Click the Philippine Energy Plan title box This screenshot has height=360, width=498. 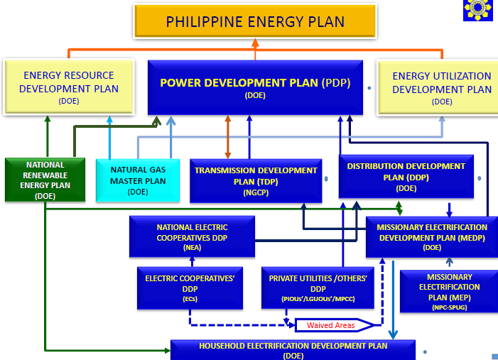coord(255,21)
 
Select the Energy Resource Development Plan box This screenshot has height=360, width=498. coord(69,87)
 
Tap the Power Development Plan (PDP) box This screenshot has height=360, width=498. coord(255,87)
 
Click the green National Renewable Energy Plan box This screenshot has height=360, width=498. coord(45,180)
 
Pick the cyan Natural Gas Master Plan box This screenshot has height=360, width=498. coord(138,180)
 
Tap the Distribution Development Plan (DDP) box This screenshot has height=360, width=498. coord(406,177)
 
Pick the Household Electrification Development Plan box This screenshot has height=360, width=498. coord(293,349)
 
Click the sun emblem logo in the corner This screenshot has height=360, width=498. coord(478,9)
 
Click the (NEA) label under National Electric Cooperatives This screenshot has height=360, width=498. coord(192,248)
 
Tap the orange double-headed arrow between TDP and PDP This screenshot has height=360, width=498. coord(228,137)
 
